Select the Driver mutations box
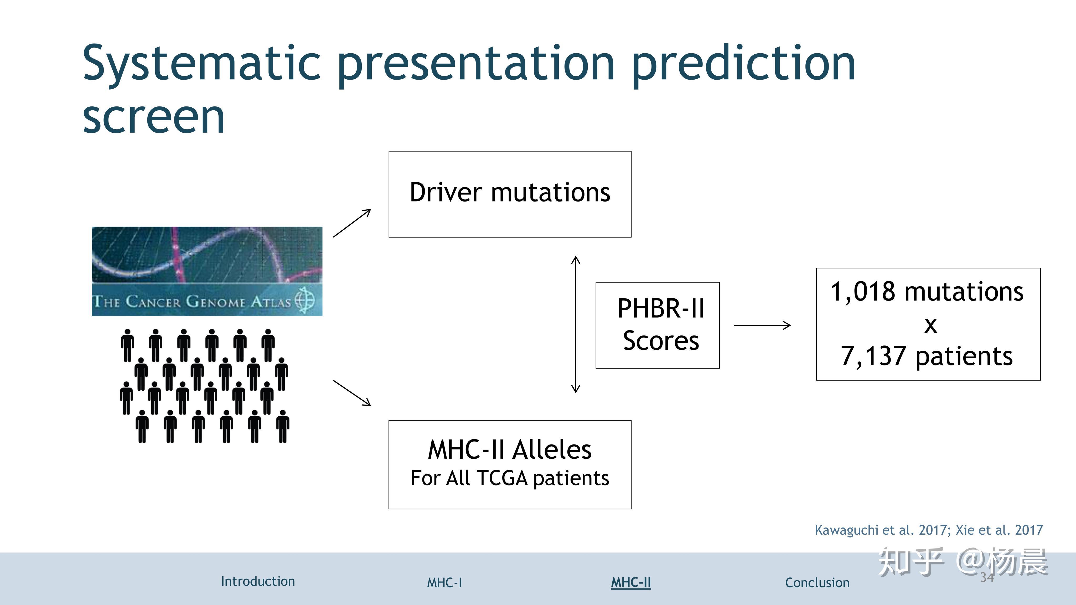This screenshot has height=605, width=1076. click(x=510, y=194)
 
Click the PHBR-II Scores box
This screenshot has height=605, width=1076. click(x=658, y=325)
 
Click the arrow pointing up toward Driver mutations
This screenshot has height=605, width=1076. click(x=352, y=223)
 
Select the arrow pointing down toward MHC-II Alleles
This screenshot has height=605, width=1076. click(x=352, y=393)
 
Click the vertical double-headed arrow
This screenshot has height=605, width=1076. click(x=576, y=324)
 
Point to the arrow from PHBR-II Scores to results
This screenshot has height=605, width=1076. click(x=762, y=325)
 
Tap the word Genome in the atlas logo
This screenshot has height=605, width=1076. click(x=215, y=301)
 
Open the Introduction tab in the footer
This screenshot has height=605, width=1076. click(x=258, y=581)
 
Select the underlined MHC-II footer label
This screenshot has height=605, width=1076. click(x=631, y=582)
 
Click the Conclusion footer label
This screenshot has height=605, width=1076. click(x=817, y=582)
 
